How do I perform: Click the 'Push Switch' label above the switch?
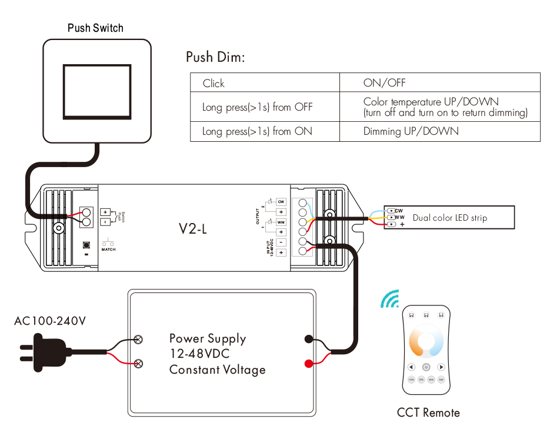[95, 28]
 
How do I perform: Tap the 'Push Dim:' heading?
[215, 57]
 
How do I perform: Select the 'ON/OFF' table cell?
[384, 83]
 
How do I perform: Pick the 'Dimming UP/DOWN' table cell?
[411, 131]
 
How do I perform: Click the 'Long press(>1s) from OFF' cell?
[257, 107]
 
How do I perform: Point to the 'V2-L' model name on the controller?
[193, 229]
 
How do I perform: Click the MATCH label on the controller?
[108, 250]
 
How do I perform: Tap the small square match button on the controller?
[87, 244]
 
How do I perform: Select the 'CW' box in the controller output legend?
[281, 201]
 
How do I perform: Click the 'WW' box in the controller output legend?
[281, 222]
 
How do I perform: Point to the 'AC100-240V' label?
[50, 321]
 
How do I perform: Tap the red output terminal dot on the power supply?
[308, 363]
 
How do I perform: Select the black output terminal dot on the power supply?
[308, 339]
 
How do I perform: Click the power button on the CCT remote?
[426, 367]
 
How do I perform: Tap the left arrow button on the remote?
[411, 367]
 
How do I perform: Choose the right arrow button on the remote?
[441, 367]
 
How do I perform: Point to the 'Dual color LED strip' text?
[449, 218]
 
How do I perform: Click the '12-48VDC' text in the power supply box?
[199, 354]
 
